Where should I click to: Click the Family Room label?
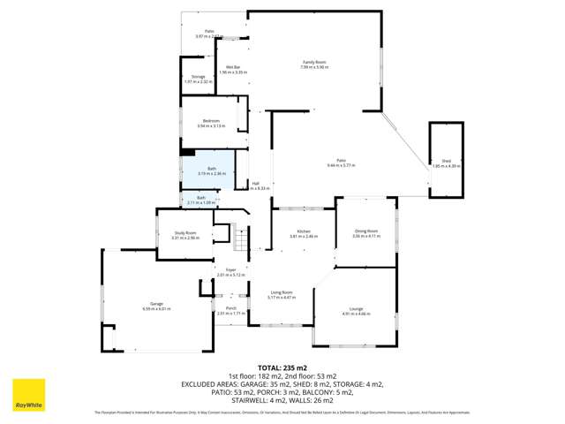pyautogui.click(x=314, y=62)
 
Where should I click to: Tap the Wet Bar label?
pyautogui.click(x=234, y=67)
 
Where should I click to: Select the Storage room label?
pyautogui.click(x=198, y=77)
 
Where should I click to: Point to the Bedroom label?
pyautogui.click(x=211, y=120)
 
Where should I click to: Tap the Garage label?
pyautogui.click(x=156, y=304)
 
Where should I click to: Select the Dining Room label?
pyautogui.click(x=365, y=231)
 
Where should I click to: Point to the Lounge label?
pyautogui.click(x=357, y=308)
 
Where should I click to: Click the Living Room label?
pyautogui.click(x=281, y=292)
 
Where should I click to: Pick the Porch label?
pyautogui.click(x=230, y=308)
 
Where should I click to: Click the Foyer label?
pyautogui.click(x=230, y=269)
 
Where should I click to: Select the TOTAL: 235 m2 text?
pyautogui.click(x=282, y=367)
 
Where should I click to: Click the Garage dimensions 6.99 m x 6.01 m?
pyautogui.click(x=156, y=308)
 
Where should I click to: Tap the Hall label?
pyautogui.click(x=255, y=184)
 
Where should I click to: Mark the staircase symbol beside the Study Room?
pyautogui.click(x=223, y=235)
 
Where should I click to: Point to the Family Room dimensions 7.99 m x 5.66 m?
pyautogui.click(x=314, y=67)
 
